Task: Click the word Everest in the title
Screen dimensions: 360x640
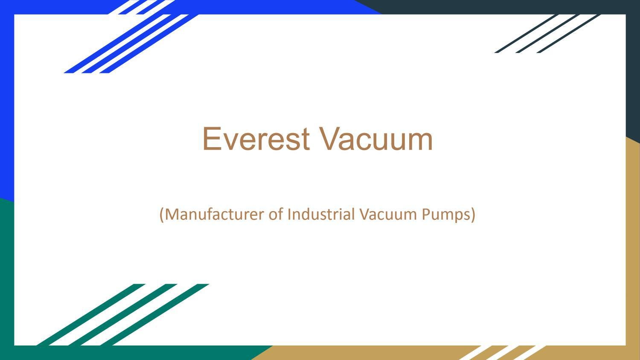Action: tap(256, 139)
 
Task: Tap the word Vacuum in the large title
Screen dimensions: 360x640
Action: tap(376, 139)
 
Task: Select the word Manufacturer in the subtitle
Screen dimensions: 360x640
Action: tap(215, 214)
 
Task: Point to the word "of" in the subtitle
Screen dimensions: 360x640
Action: tap(276, 214)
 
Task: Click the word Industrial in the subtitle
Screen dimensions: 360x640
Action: tap(321, 214)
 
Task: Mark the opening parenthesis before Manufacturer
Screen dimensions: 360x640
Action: tap(162, 214)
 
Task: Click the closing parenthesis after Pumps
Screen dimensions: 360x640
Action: tap(473, 214)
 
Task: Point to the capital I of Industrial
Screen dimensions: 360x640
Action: tap(289, 214)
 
